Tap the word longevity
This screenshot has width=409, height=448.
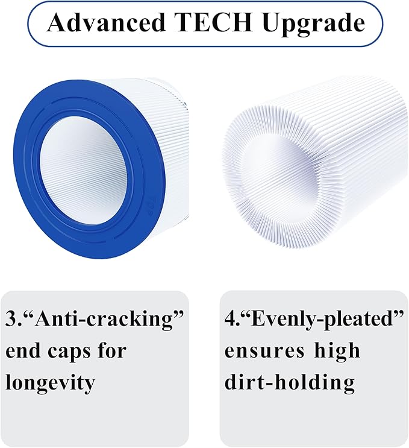[51, 382]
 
